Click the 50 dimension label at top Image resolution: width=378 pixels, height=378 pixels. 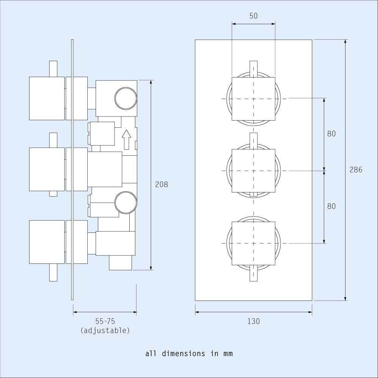(x=253, y=16)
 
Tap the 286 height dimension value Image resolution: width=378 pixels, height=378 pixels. (x=356, y=170)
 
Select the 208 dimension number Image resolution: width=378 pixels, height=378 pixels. (x=161, y=184)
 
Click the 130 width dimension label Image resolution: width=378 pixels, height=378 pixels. (x=254, y=321)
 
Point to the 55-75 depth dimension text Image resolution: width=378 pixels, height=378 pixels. (x=105, y=322)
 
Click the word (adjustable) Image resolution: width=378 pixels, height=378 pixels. (x=105, y=330)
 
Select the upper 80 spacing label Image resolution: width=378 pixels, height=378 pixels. (x=332, y=134)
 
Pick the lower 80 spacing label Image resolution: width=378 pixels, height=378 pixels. (x=332, y=206)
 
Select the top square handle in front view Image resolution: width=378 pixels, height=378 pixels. (x=253, y=99)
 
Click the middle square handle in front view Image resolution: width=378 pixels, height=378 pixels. (x=253, y=171)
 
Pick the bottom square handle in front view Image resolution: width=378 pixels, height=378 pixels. (x=253, y=243)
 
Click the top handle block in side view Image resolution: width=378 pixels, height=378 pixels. (x=47, y=98)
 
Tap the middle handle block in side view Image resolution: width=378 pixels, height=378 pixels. (x=47, y=169)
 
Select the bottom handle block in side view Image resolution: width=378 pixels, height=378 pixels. (x=47, y=242)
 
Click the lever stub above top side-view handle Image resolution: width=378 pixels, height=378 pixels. (x=53, y=68)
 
